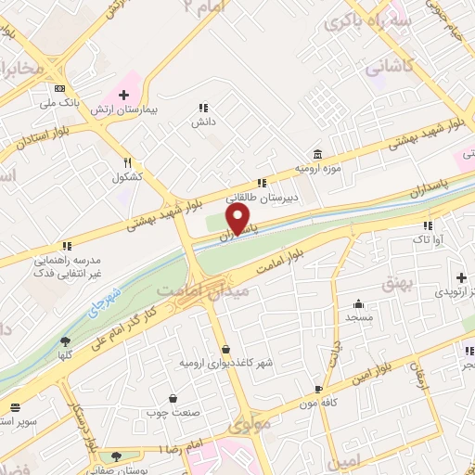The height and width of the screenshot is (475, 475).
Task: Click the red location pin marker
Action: coord(238,218)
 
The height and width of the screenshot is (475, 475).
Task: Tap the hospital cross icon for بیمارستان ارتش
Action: coord(124,96)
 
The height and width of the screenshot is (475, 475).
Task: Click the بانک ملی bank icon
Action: coord(60,87)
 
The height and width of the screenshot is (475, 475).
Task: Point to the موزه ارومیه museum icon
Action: coord(318,154)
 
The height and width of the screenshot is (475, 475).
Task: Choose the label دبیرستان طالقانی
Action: coord(264,196)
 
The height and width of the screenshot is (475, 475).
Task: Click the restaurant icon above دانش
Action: coord(204,108)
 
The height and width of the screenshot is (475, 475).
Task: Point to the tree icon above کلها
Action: coord(64,341)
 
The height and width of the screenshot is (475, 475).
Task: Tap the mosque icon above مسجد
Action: coord(358,303)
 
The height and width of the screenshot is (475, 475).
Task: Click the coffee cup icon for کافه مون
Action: coord(318,390)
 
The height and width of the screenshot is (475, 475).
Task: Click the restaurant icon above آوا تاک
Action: coord(428,225)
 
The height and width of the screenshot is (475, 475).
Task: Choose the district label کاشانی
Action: coord(386,68)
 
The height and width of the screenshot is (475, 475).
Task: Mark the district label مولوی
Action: coord(251,424)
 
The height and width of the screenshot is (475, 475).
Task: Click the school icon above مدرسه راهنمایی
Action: coord(67,246)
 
